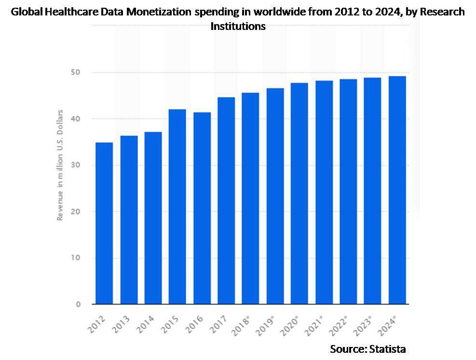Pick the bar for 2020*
pos(299,194)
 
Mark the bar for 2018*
pos(250,198)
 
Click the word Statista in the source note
pos(388,348)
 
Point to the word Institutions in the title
pos(238,26)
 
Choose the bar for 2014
pos(153,218)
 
